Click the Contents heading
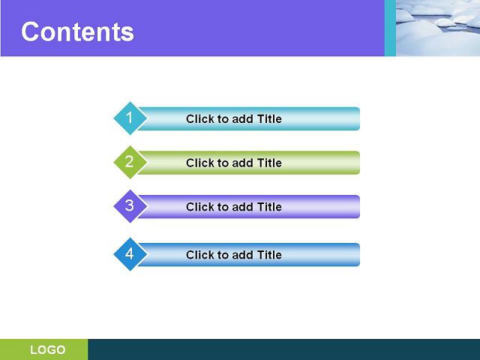(77, 31)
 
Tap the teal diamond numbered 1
(130, 118)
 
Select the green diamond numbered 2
(130, 162)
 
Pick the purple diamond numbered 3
(130, 206)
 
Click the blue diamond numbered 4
(130, 254)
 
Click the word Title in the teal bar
(269, 118)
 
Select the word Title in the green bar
(269, 163)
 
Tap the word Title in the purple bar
(269, 207)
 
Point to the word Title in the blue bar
(269, 255)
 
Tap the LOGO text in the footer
(48, 349)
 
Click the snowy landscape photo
(438, 28)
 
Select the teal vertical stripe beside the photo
(390, 28)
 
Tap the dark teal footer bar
(284, 349)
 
